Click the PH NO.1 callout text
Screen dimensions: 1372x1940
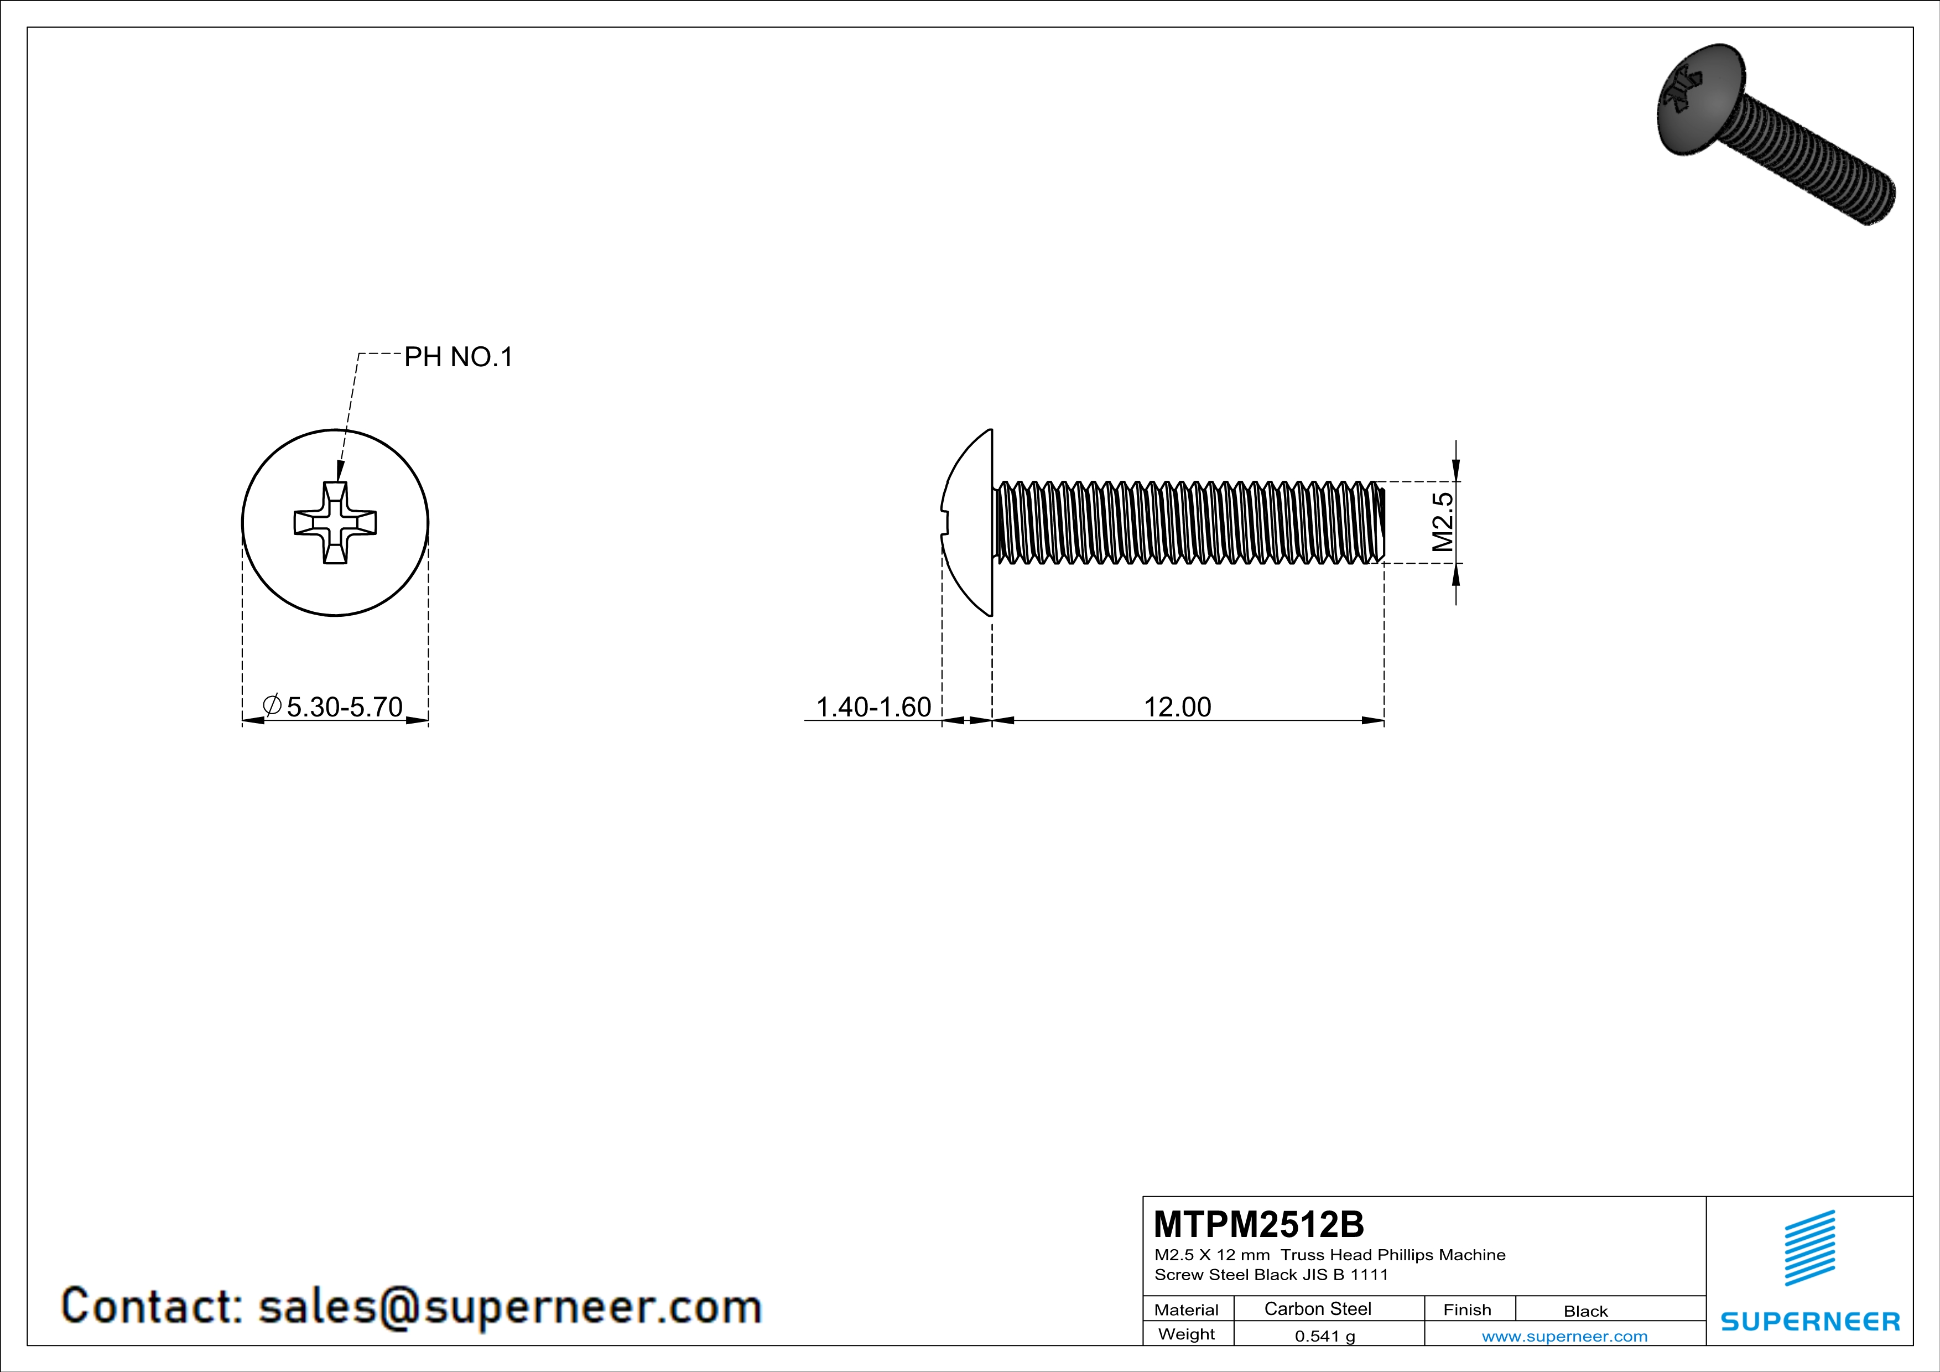458,357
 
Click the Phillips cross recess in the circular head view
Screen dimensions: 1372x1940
335,523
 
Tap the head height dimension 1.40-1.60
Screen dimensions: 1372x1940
873,706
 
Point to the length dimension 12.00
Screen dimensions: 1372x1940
1177,706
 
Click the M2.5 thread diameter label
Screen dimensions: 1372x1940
1442,522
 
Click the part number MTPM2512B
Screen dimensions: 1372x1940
1258,1224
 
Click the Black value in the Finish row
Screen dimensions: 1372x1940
1585,1311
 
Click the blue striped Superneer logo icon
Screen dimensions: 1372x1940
1809,1248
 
